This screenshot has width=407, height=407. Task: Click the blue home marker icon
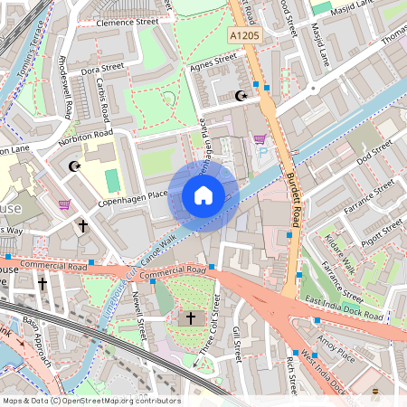coord(203,196)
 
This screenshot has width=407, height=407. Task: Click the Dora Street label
coord(101,67)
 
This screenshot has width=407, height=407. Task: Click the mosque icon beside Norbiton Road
coord(74,166)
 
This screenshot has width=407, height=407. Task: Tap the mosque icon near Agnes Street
coord(241,96)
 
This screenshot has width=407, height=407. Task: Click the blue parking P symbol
coord(264,155)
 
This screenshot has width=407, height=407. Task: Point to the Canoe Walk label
coord(156,244)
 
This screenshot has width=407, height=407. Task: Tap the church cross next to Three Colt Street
coord(190,317)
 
